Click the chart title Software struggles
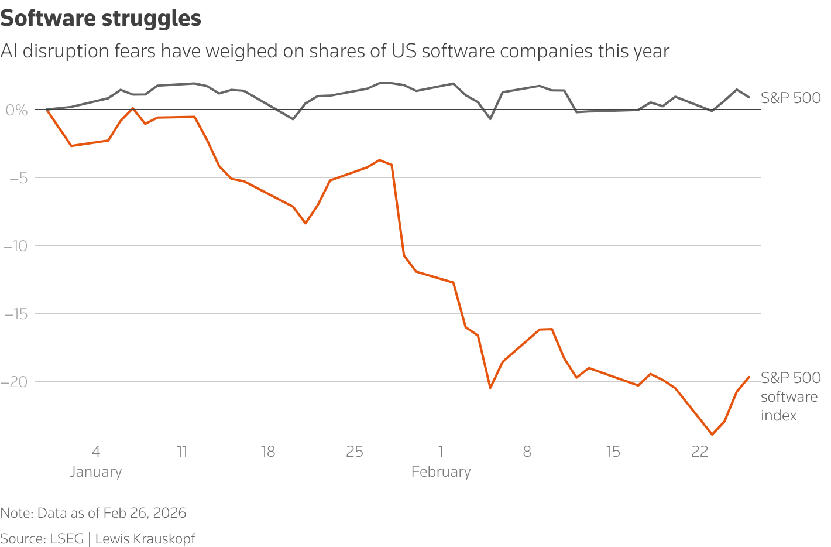(x=101, y=19)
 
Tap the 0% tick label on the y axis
(x=16, y=110)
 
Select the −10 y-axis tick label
(x=16, y=246)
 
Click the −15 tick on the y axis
(x=16, y=314)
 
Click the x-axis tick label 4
(x=96, y=452)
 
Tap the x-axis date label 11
(x=182, y=452)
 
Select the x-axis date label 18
(x=268, y=452)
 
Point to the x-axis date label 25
(x=355, y=452)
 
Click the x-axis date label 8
(x=527, y=452)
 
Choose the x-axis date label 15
(x=613, y=452)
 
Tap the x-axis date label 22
(x=700, y=452)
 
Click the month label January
(x=96, y=472)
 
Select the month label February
(x=441, y=472)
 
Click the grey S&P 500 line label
(x=791, y=98)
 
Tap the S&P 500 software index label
(x=789, y=396)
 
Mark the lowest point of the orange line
(x=712, y=435)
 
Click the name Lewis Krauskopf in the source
(x=145, y=539)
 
